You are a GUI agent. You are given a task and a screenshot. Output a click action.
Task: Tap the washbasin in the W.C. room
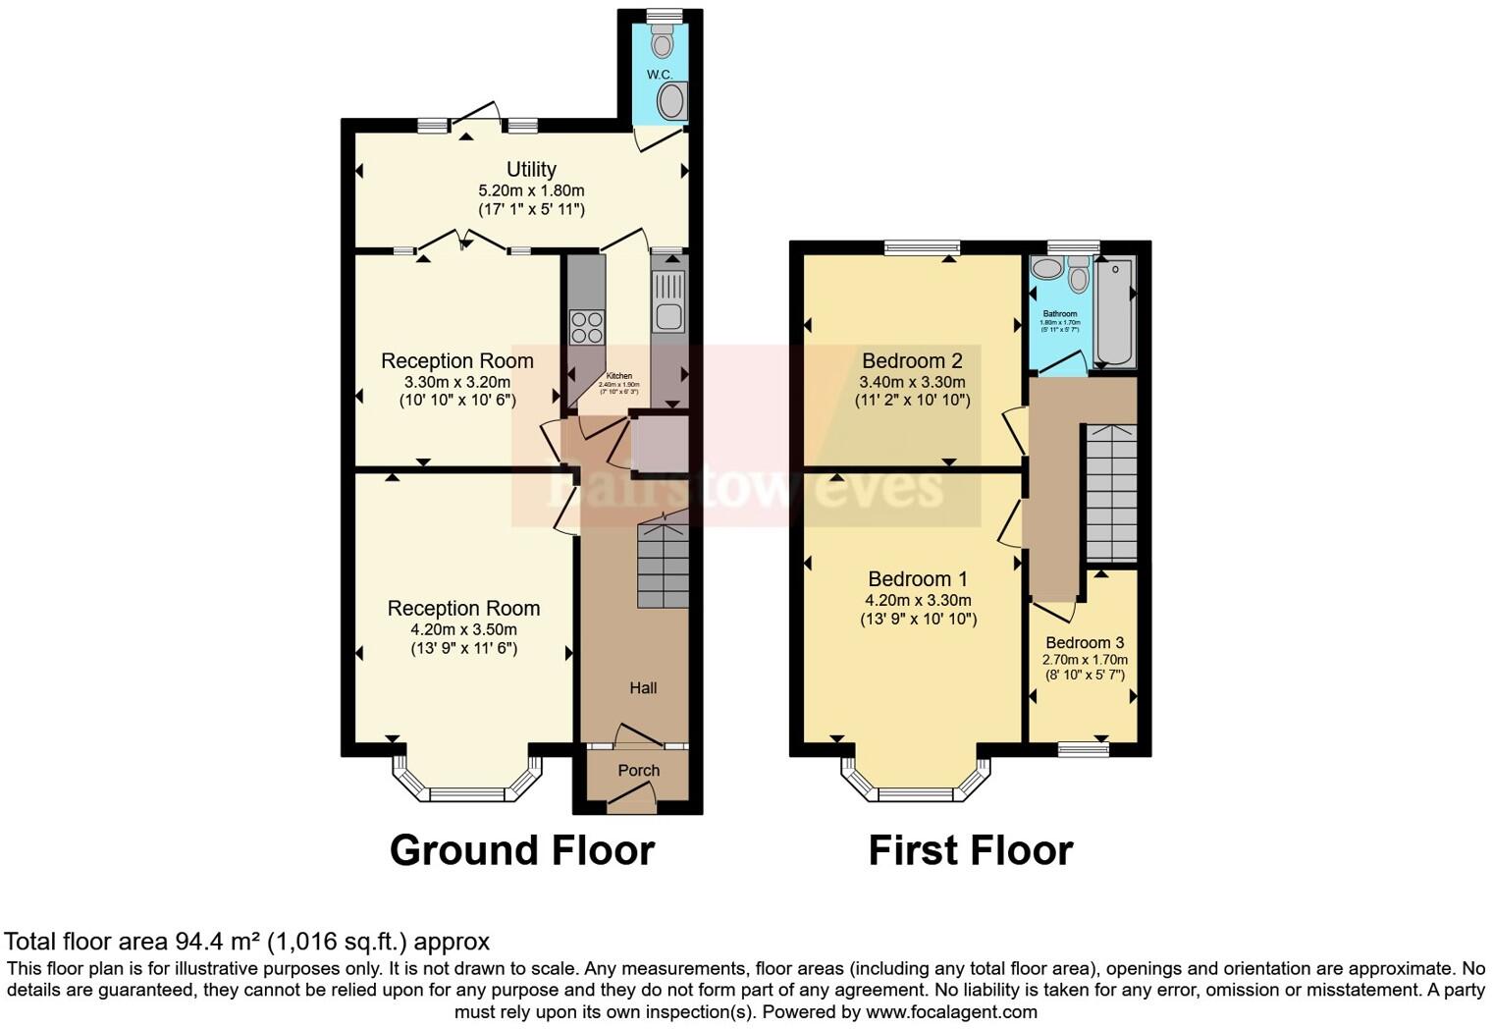[672, 100]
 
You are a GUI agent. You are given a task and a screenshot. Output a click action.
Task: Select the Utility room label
[531, 169]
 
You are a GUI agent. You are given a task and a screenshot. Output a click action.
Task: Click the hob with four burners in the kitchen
[587, 326]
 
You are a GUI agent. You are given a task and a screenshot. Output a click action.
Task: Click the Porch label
[638, 771]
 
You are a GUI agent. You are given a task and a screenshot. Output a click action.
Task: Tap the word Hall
[643, 688]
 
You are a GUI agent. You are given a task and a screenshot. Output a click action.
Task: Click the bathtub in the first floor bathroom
[1114, 311]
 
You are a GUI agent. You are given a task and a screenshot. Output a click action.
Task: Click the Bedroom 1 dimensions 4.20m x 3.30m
[918, 600]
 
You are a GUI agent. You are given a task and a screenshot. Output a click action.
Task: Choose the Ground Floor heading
[521, 850]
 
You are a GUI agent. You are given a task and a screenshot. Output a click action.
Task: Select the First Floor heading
[970, 850]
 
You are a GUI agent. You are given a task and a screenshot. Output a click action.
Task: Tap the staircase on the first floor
[1111, 493]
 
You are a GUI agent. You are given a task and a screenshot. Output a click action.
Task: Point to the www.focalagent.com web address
[950, 1011]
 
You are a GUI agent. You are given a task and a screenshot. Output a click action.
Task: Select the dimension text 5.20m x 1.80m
[531, 190]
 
